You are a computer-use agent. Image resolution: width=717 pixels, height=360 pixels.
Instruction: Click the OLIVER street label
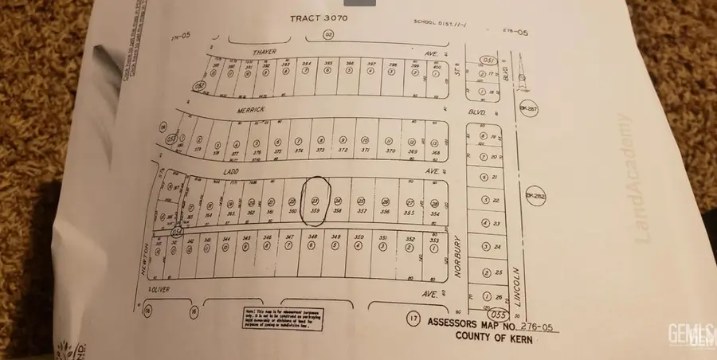click(x=162, y=293)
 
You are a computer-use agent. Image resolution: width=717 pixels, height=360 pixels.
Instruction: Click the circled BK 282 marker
click(x=533, y=194)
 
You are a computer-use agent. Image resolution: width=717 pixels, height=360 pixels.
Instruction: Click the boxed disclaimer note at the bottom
click(x=276, y=319)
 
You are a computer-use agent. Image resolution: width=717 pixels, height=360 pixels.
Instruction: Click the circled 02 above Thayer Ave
click(x=327, y=35)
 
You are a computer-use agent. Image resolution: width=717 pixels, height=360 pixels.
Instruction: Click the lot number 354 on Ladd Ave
click(x=435, y=213)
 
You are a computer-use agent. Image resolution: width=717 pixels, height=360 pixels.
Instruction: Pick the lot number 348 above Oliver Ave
click(x=313, y=237)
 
